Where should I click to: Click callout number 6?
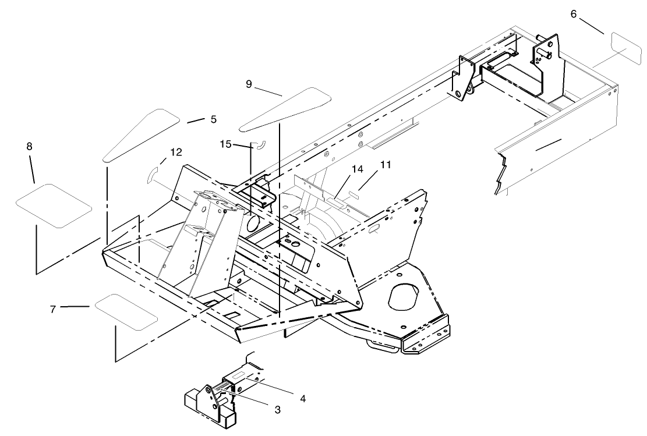[x=574, y=13]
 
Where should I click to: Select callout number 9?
[x=249, y=84]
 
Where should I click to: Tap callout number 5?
[x=213, y=119]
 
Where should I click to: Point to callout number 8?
[x=29, y=146]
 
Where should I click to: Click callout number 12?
[x=175, y=153]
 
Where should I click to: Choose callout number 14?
[x=357, y=169]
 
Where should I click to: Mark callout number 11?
[x=385, y=165]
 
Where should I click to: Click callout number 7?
[x=53, y=309]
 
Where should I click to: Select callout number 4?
[x=302, y=399]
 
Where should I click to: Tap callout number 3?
[x=277, y=410]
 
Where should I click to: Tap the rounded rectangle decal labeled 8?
[x=54, y=205]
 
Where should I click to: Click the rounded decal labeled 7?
[x=126, y=312]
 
